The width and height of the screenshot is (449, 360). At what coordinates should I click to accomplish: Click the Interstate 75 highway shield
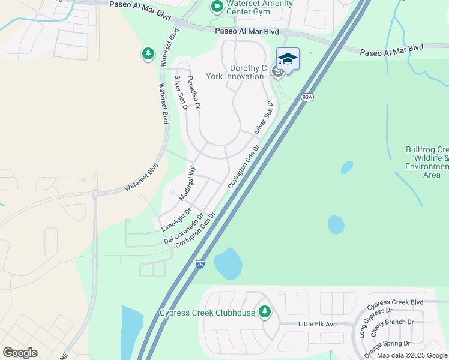199,263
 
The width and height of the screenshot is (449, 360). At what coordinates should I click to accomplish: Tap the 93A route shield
307,97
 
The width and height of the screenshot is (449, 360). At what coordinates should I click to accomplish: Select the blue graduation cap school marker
288,59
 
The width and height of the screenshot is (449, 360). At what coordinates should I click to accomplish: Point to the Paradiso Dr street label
194,92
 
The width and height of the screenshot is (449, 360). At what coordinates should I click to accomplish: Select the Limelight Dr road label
176,220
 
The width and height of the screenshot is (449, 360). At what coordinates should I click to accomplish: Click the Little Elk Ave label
318,325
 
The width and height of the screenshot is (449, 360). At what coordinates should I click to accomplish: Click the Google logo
20,353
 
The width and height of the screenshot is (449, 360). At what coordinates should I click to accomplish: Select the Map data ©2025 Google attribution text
412,355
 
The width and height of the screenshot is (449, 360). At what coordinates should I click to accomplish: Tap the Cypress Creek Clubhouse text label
207,313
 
